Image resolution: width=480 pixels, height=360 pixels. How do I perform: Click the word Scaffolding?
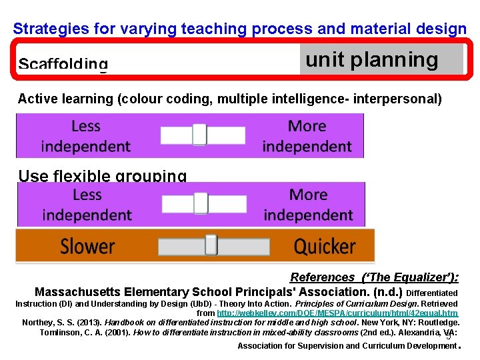click(x=63, y=65)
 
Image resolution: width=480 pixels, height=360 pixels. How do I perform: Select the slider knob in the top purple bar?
click(x=200, y=135)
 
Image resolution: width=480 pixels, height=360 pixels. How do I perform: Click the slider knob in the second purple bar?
click(x=201, y=203)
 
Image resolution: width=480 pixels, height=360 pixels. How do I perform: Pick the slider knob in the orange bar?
click(x=211, y=245)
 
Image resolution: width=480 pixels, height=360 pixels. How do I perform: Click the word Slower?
click(x=87, y=246)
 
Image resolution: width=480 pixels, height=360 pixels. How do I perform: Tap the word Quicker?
click(x=325, y=246)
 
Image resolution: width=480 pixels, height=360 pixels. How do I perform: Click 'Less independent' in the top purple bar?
click(x=86, y=135)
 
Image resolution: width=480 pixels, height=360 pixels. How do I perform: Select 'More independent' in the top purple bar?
click(x=307, y=135)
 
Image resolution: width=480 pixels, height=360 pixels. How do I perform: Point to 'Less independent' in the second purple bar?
click(x=87, y=205)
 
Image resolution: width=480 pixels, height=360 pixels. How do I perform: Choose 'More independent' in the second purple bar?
click(x=308, y=205)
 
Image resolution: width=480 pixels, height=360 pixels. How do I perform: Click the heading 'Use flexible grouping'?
click(x=102, y=176)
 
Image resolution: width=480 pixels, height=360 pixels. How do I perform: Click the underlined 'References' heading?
click(x=323, y=277)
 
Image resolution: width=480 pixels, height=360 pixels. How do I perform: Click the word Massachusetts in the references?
click(x=77, y=292)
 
